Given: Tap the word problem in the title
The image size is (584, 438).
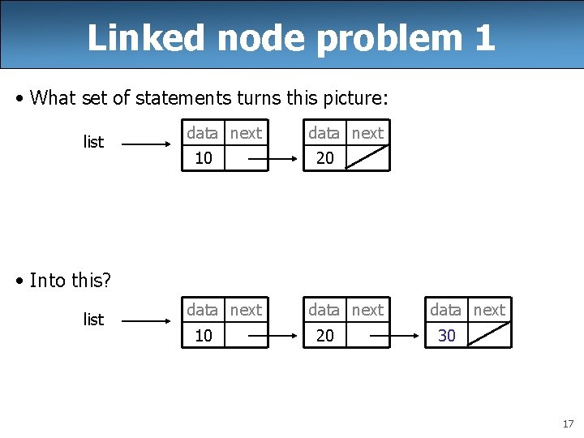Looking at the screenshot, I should pyautogui.click(x=389, y=39).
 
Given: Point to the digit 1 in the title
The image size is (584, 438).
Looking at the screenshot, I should pyautogui.click(x=484, y=37).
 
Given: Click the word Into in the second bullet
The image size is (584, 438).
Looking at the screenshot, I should pyautogui.click(x=48, y=281).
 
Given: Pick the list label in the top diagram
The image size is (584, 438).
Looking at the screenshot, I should pyautogui.click(x=93, y=143).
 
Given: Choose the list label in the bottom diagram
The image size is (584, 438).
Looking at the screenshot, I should pyautogui.click(x=93, y=320).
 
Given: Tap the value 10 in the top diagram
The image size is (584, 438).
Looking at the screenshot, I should pyautogui.click(x=204, y=158).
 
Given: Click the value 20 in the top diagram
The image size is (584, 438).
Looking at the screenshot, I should pyautogui.click(x=325, y=158).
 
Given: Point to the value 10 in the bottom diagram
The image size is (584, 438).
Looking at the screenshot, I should pyautogui.click(x=204, y=335).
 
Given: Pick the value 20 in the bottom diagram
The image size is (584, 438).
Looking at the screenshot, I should pyautogui.click(x=325, y=335).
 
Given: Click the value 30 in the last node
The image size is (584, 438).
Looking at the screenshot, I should pyautogui.click(x=447, y=335).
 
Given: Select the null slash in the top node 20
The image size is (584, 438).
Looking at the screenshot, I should pyautogui.click(x=367, y=157).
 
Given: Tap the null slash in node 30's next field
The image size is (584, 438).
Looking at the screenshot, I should pyautogui.click(x=489, y=334).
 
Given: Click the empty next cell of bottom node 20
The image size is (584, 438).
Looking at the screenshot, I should pyautogui.click(x=367, y=335).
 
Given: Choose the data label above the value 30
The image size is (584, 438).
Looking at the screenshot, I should pyautogui.click(x=445, y=310).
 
